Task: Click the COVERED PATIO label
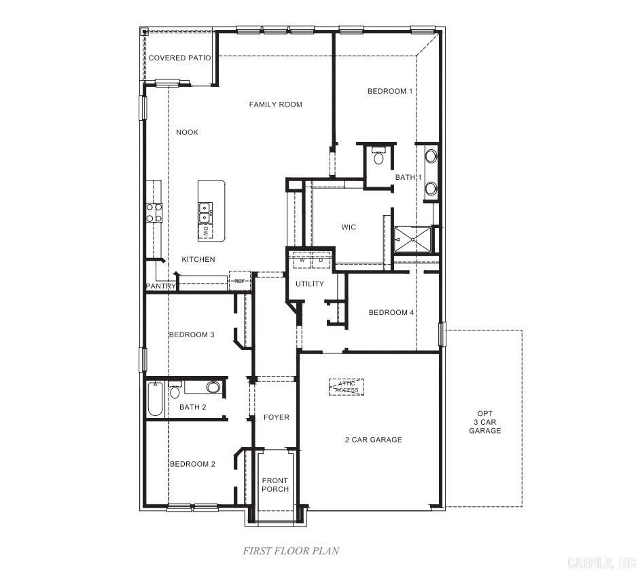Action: pos(179,58)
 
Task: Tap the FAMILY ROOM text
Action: pos(275,104)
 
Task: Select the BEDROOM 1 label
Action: pos(390,91)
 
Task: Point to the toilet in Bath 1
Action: pos(378,157)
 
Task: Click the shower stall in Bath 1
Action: pos(413,239)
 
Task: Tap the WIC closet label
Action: pos(349,227)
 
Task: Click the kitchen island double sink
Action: pos(204,212)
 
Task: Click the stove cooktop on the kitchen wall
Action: pos(154,213)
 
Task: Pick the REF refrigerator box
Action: pos(240,280)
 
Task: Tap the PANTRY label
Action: pos(161,286)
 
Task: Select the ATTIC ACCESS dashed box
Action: pos(347,387)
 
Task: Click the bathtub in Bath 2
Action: pos(155,400)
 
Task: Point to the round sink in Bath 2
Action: pos(213,387)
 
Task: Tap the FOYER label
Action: pos(277,417)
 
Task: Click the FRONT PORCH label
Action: pos(275,485)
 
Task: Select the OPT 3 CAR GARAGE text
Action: pos(484,422)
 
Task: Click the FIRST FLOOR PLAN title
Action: pos(291,551)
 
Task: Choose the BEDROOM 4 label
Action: pos(391,312)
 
